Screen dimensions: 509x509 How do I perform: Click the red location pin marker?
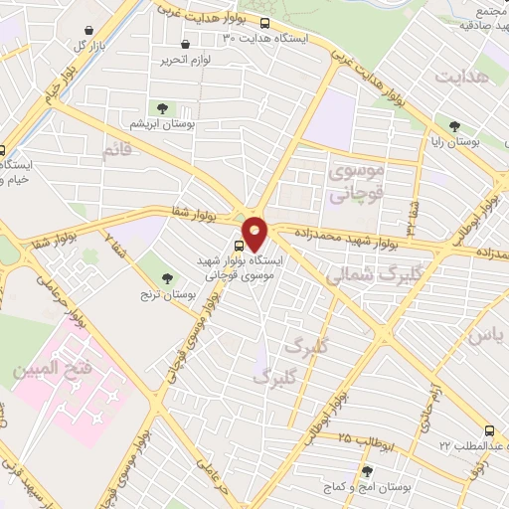[x=255, y=233]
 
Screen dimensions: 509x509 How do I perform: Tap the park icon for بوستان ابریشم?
[x=160, y=108]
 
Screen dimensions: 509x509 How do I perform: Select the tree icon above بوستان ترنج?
[x=154, y=261]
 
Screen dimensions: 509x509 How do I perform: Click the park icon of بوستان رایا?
[x=454, y=126]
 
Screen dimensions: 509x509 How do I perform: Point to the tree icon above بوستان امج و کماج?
[x=368, y=471]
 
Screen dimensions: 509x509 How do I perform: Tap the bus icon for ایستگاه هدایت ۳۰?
[x=264, y=23]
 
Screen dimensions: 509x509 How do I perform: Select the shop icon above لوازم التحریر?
[x=186, y=45]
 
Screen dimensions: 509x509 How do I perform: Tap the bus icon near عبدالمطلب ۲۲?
[x=488, y=430]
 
